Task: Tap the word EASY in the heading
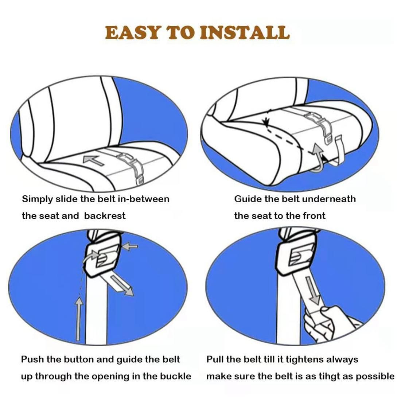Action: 133,32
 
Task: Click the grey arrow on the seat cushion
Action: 93,160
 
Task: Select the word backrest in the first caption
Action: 105,215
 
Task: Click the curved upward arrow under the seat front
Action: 317,159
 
